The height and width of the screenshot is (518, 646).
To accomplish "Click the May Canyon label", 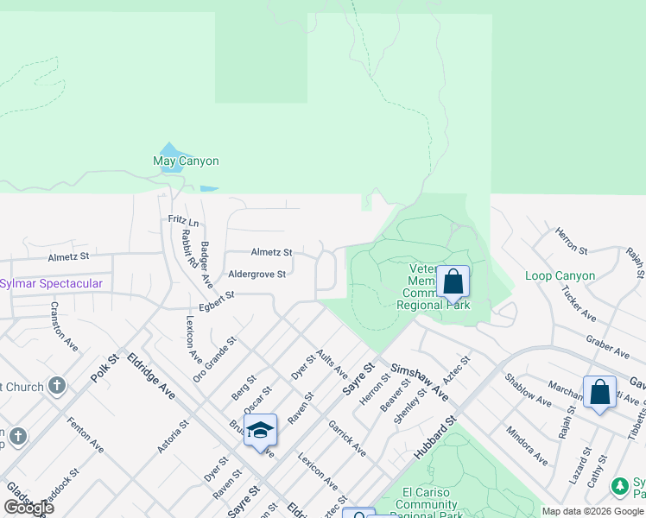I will click(x=186, y=161).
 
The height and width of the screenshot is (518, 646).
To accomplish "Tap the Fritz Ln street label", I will click(x=183, y=223).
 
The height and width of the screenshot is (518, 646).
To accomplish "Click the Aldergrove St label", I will click(x=256, y=274).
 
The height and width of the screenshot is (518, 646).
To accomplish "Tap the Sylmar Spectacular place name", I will click(x=51, y=283).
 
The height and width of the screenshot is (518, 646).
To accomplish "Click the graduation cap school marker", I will click(x=260, y=430).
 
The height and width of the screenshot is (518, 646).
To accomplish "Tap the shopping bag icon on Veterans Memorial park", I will click(x=453, y=281).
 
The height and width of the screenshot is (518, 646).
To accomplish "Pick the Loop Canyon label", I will click(x=560, y=276).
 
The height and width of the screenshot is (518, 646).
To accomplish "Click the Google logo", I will click(x=28, y=507).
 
